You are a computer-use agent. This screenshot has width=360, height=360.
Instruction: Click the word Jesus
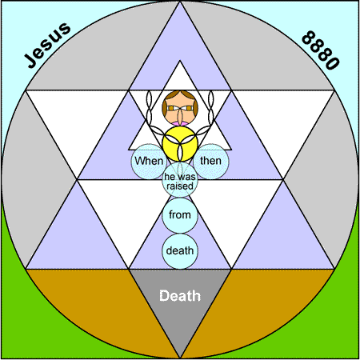coord(47,45)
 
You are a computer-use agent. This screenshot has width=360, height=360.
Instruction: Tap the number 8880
coord(321,50)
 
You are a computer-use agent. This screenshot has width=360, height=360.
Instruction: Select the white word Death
coord(180,296)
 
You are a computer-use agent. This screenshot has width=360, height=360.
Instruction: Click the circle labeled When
coord(149,162)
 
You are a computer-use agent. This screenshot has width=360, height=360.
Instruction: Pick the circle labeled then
coord(211,162)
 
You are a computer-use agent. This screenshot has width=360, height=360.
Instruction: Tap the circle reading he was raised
coord(180,180)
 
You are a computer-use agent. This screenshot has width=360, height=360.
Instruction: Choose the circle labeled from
coord(180,215)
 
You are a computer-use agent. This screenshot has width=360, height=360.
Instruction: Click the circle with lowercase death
coord(180,250)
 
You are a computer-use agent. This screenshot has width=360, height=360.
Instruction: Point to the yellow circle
coord(180,144)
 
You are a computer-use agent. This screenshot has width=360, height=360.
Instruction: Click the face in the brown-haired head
coord(180,108)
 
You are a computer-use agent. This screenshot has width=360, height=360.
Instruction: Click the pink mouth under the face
coord(180,124)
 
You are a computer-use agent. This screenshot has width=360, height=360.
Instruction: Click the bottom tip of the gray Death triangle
coord(180,358)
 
